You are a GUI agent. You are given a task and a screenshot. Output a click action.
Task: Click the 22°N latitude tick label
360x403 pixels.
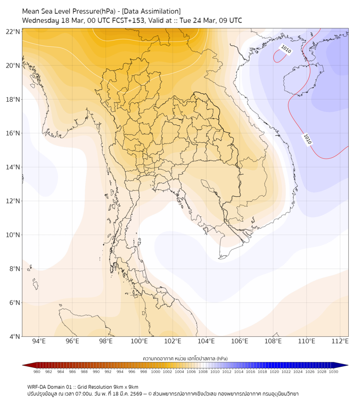point(13,31)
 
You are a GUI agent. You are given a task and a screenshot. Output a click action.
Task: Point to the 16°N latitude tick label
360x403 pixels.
point(13,133)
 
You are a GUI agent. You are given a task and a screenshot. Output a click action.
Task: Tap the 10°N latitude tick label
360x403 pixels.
point(13,235)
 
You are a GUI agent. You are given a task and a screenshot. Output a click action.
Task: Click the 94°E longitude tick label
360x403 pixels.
point(39,341)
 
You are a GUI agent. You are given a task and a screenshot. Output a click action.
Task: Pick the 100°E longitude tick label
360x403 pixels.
point(139,341)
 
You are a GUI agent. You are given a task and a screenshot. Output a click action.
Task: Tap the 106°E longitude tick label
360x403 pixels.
point(240,341)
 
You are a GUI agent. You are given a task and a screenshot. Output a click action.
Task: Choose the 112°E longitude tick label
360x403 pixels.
point(340,341)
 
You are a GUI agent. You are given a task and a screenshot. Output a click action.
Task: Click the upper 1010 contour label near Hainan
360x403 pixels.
point(286,50)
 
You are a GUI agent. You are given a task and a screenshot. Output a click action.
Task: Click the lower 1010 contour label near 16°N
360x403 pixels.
point(307,139)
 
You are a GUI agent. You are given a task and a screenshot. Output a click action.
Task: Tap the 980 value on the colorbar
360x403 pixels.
point(37,371)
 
